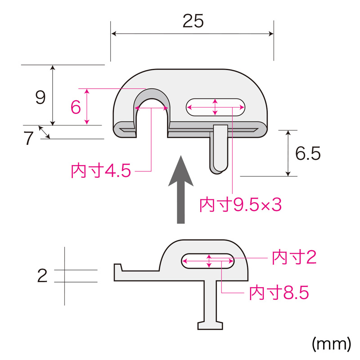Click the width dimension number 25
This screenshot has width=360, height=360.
tap(193, 21)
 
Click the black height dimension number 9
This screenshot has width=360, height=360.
tap(40, 97)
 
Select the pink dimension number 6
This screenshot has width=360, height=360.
tap(76, 107)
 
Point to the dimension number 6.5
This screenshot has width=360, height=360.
tap(308, 154)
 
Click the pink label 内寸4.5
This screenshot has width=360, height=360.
tap(101, 171)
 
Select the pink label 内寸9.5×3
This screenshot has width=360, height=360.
tap(240, 205)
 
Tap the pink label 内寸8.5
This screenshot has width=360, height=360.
tap(279, 293)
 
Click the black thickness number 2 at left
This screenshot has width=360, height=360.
tap(42, 275)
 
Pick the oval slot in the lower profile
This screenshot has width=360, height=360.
tap(208, 261)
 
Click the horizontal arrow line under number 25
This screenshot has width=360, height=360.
tap(193, 34)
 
